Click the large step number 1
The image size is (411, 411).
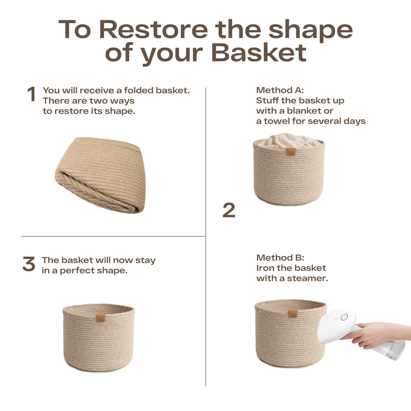tap(31, 94)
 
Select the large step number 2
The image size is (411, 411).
tap(229, 210)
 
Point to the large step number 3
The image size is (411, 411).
tap(29, 264)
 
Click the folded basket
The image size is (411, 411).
tap(100, 175)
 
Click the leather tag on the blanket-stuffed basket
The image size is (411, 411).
tap(291, 152)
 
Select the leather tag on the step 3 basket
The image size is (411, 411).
tap(101, 318)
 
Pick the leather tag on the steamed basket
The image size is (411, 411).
tap(293, 314)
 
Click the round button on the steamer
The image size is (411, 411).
tap(344, 317)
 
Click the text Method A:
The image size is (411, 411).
tap(280, 90)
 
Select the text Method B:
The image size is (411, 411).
tap(280, 258)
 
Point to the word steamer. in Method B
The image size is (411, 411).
tap(307, 278)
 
